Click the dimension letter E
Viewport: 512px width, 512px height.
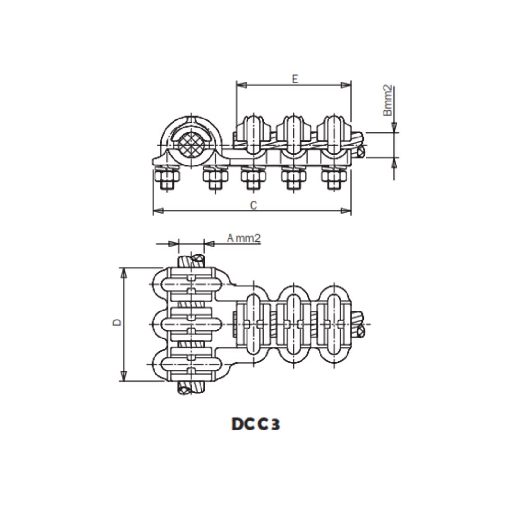[x=295, y=79]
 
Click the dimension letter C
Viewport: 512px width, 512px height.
[x=254, y=205]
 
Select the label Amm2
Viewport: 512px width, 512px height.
[x=244, y=238]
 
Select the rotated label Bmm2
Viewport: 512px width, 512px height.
[x=388, y=101]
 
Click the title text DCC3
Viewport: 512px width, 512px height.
[x=256, y=424]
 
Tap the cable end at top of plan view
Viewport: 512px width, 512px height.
[x=192, y=260]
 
